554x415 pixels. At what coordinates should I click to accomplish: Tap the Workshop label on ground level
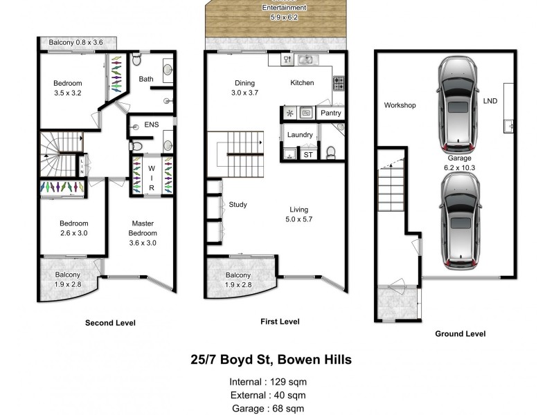400,106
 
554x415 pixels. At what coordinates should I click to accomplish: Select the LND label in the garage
490,101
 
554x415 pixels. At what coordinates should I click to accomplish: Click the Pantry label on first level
330,113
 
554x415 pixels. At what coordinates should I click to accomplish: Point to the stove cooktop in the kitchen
339,84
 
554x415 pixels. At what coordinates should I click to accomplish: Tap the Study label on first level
238,205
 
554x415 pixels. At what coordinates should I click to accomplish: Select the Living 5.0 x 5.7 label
299,214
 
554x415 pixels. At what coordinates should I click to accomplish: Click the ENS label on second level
152,125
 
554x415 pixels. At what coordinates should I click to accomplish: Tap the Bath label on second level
146,79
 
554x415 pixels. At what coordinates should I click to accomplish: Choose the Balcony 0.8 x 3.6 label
75,43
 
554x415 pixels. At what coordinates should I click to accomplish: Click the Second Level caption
110,323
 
